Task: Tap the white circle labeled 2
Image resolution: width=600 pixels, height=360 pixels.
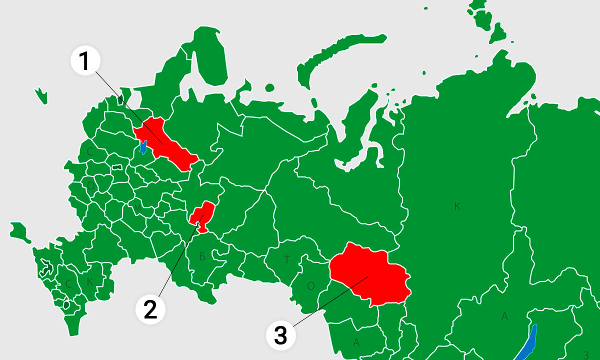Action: coord(150,309)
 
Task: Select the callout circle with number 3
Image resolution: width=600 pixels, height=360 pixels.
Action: coord(280,334)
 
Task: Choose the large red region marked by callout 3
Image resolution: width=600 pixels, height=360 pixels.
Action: coord(370,275)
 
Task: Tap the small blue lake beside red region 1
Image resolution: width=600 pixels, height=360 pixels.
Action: coord(143,147)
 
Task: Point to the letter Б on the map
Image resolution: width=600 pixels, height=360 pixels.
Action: coord(202,257)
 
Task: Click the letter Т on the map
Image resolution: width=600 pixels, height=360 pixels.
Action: coord(287,259)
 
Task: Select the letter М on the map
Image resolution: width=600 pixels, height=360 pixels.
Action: coord(137,207)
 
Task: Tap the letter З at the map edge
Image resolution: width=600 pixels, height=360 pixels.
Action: coord(586,354)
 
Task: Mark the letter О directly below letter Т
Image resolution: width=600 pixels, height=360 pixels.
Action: coord(310,286)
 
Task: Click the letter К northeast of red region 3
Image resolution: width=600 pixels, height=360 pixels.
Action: coord(457,207)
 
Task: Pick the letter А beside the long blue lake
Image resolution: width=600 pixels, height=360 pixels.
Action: coord(505,316)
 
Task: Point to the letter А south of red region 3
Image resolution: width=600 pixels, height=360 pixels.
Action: coord(356,342)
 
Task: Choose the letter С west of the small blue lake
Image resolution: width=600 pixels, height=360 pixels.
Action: coord(90,151)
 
